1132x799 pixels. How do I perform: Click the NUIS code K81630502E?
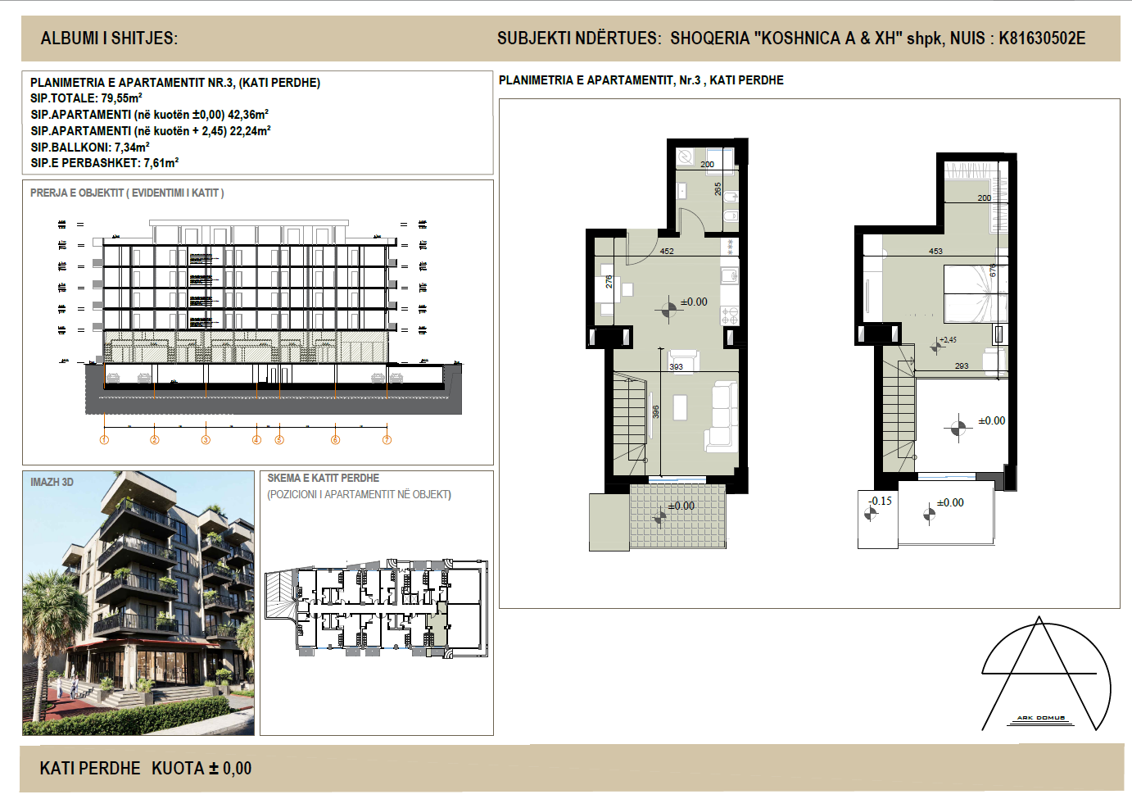1041,39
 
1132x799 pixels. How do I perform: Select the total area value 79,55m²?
121,98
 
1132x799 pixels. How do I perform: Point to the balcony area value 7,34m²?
131,148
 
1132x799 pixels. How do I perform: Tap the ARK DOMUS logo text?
1040,718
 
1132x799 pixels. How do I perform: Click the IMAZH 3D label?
52,482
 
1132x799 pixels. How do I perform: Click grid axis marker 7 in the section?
387,440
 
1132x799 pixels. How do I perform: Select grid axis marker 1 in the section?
104,440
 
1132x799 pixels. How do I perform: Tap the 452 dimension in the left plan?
667,252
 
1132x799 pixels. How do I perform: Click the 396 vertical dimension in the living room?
655,412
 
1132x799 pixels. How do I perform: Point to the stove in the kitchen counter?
729,315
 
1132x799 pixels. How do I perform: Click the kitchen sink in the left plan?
729,275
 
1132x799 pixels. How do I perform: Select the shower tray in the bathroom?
686,157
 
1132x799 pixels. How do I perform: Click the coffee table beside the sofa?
680,407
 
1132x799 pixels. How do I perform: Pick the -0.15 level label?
881,501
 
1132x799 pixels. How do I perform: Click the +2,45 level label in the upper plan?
948,339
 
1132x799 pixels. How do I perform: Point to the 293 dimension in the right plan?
962,366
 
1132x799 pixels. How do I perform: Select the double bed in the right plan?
975,293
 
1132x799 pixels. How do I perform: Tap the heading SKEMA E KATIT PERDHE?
323,478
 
